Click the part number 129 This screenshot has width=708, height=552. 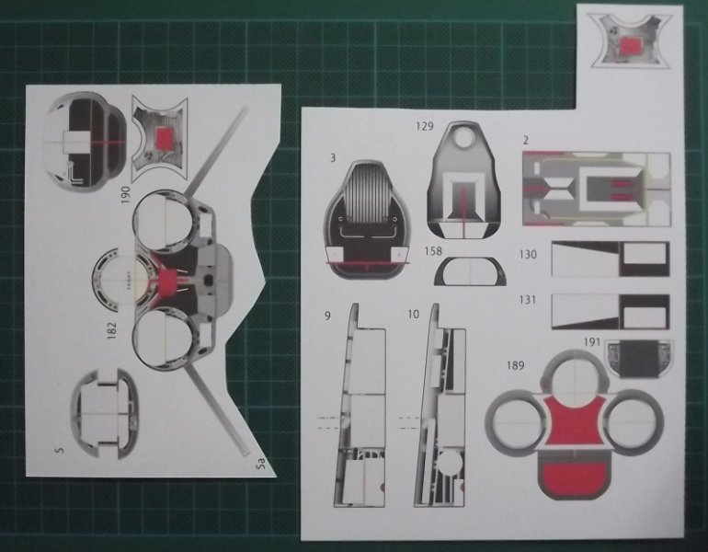click(425, 125)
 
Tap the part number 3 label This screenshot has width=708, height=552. click(333, 158)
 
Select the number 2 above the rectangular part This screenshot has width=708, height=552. click(526, 141)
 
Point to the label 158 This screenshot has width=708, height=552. click(433, 251)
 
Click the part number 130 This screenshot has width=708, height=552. click(528, 255)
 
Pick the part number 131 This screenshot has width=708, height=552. click(528, 300)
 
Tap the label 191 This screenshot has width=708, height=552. click(592, 342)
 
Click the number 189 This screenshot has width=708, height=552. click(515, 365)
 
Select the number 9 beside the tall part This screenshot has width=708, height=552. click(327, 315)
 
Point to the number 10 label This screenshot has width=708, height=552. click(413, 314)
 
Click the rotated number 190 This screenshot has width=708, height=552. click(126, 195)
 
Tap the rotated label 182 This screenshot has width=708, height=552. click(111, 329)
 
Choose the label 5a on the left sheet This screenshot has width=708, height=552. click(260, 465)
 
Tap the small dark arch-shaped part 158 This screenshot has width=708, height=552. click(470, 271)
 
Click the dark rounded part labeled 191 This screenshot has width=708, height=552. click(639, 359)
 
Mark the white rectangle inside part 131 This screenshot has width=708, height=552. click(644, 312)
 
